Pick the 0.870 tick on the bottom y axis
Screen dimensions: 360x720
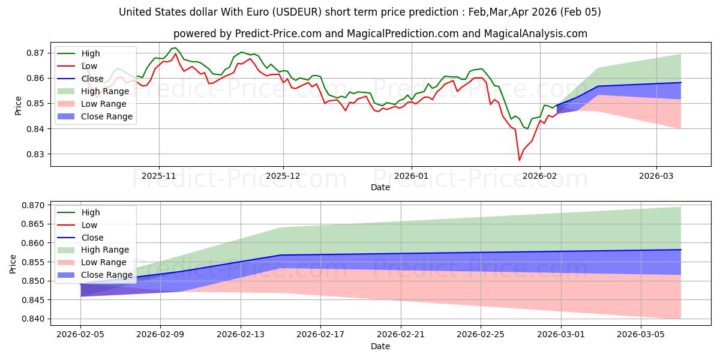coord(32,205)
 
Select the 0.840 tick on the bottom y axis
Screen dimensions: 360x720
coord(32,319)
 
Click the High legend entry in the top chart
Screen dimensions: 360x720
coord(91,53)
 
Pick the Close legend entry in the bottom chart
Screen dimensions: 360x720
coord(92,238)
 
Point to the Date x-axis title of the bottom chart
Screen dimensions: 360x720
coord(380,346)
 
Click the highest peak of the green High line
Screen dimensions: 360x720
coord(175,48)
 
